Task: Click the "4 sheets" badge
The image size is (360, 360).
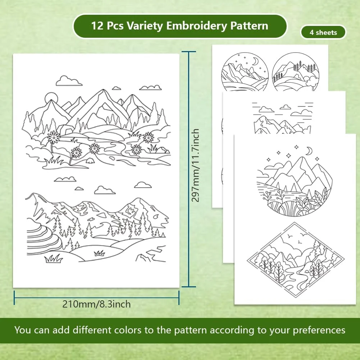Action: coord(323,32)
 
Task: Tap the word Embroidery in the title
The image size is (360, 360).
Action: coord(197,26)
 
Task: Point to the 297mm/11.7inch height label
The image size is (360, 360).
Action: coord(195,165)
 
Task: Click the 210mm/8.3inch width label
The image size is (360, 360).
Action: coord(96,304)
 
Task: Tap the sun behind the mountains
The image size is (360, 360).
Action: coord(51,97)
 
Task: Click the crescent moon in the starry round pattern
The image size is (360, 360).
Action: coord(255,61)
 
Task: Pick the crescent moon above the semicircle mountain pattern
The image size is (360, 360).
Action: coord(310,151)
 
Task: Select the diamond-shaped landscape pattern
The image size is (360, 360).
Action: coord(296,260)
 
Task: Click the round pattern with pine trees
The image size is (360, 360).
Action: coord(296,72)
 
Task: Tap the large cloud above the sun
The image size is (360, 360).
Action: coord(69,81)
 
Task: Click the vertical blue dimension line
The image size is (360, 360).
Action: coord(189,169)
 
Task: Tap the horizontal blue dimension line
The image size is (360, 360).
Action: coord(96,298)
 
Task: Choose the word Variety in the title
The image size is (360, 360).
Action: coord(145,26)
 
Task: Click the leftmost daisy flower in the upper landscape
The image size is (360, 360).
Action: coord(54,137)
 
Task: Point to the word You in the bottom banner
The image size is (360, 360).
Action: coord(23,330)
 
